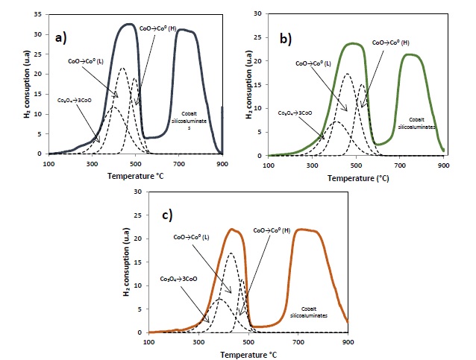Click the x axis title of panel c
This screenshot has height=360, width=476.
[248, 353]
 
